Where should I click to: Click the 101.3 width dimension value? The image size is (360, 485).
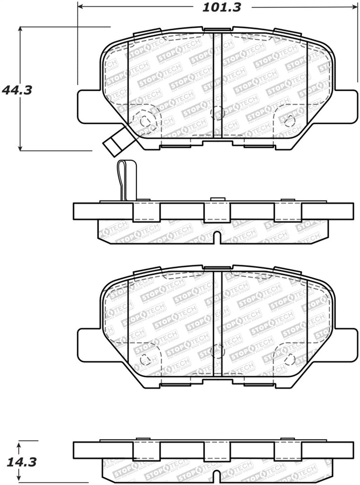click(222, 8)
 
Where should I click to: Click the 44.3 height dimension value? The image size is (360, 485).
click(17, 90)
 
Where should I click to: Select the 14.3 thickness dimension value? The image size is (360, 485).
click(17, 461)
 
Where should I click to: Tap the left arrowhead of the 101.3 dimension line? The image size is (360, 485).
click(80, 7)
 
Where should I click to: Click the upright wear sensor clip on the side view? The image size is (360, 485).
click(126, 180)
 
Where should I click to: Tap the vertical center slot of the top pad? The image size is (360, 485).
click(217, 85)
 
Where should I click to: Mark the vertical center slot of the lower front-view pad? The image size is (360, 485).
click(217, 322)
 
